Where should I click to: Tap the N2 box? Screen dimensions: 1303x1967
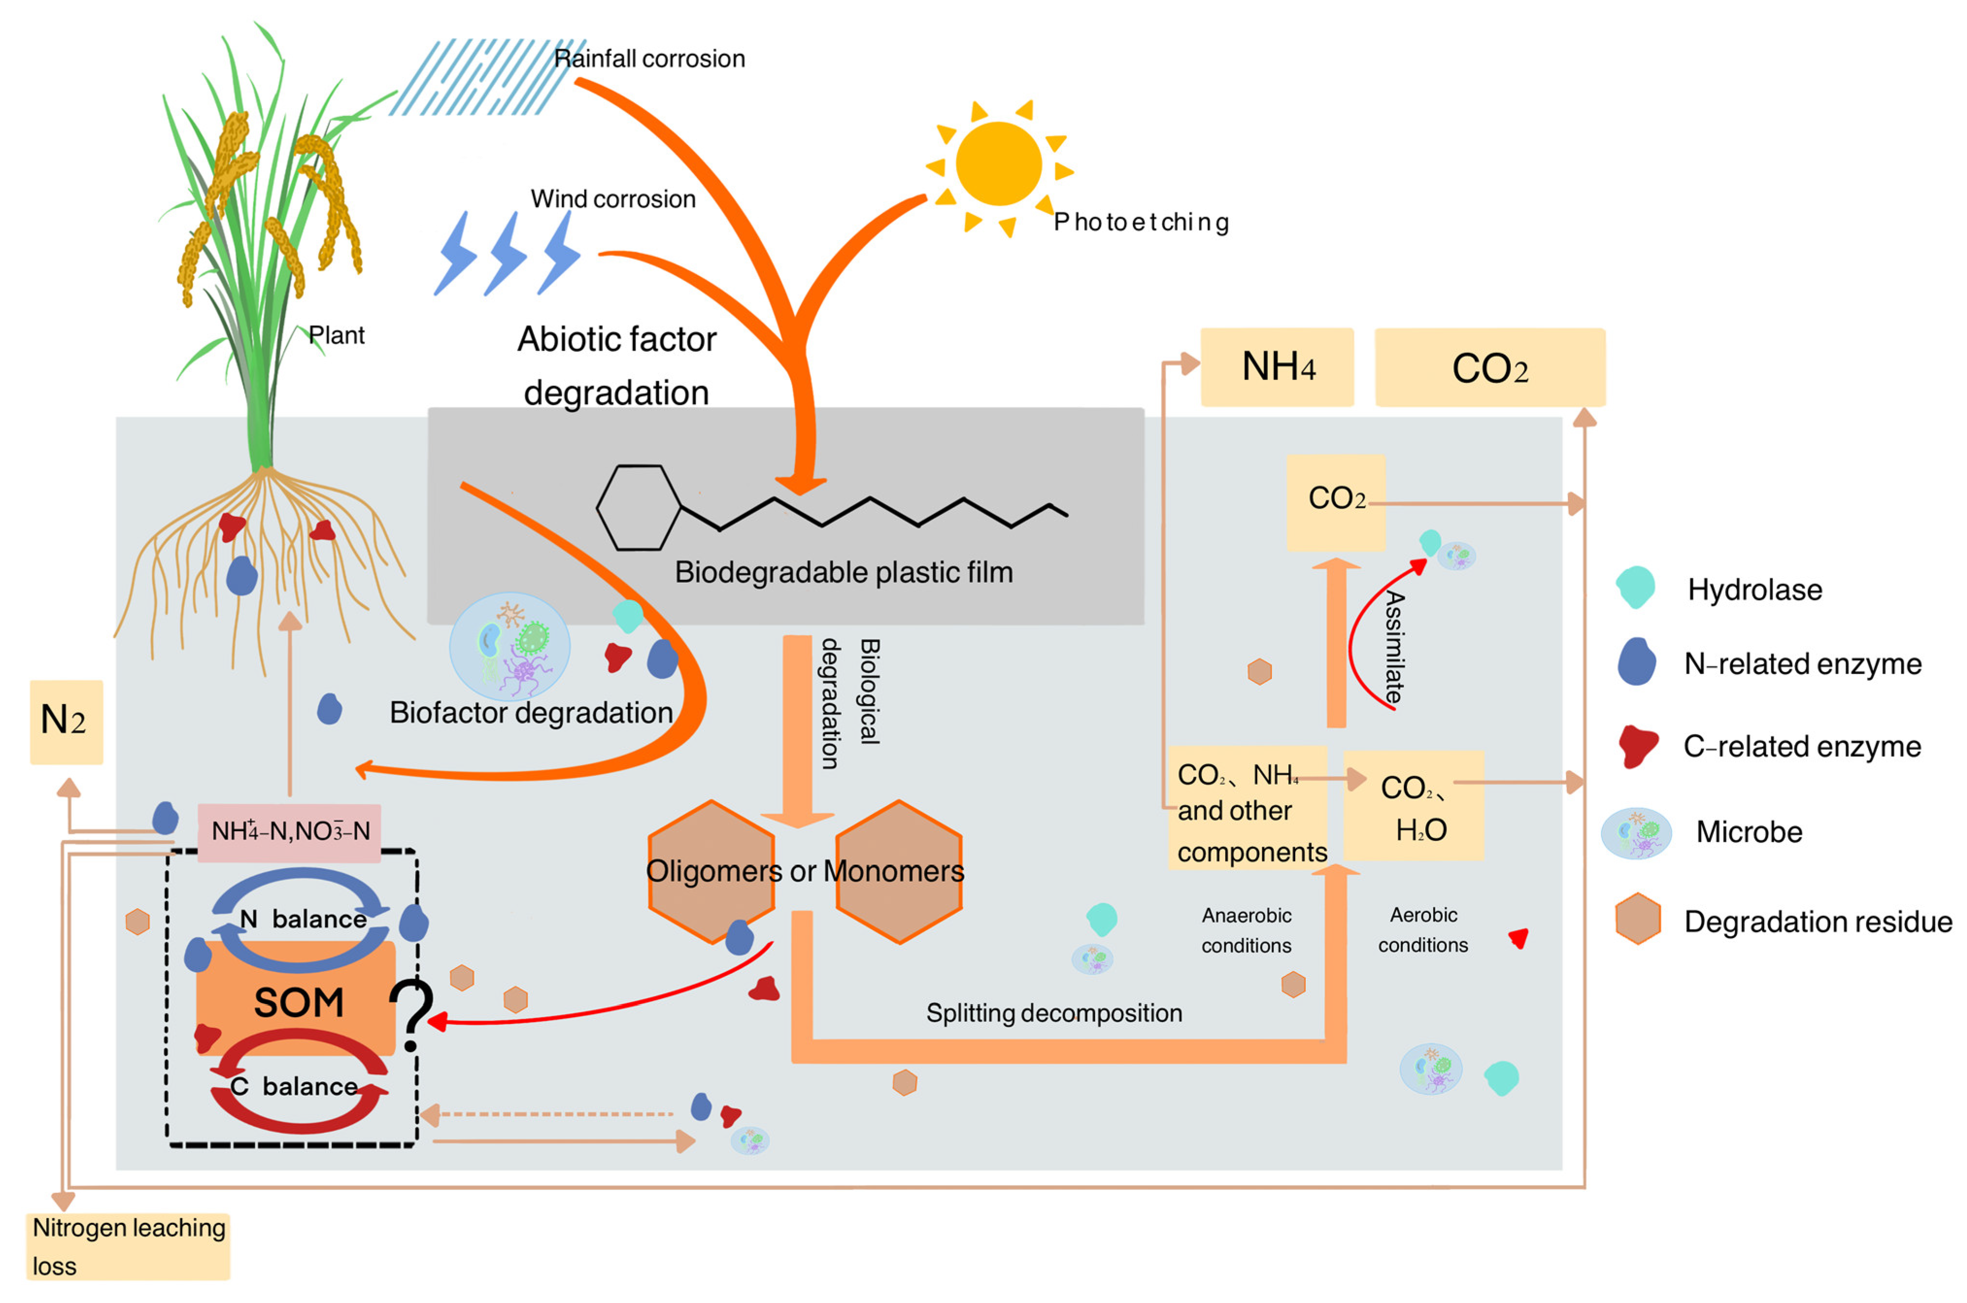coord(66,721)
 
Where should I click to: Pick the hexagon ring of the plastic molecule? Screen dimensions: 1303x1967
coord(638,507)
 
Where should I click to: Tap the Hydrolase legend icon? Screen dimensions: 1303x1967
coord(1635,588)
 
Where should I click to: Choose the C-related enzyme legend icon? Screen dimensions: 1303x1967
coord(1637,745)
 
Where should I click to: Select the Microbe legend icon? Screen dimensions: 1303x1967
coord(1635,833)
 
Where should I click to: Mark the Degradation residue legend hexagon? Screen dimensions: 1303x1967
coord(1637,919)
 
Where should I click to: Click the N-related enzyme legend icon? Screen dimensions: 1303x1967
coord(1635,662)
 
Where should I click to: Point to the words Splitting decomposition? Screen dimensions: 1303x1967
coord(1054,1013)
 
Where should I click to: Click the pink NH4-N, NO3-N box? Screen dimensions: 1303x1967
coord(289,831)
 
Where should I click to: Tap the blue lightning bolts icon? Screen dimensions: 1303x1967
coord(506,253)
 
